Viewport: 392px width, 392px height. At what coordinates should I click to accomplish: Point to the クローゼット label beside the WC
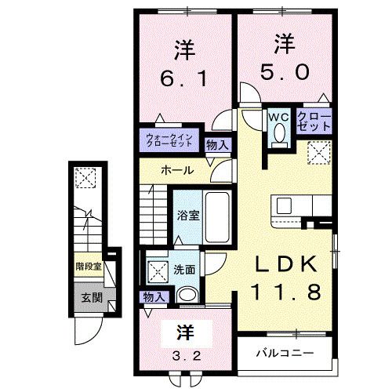[x=313, y=122]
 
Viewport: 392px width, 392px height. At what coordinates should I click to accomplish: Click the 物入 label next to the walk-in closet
[x=218, y=144]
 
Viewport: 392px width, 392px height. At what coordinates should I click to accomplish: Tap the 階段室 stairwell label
[x=88, y=267]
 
